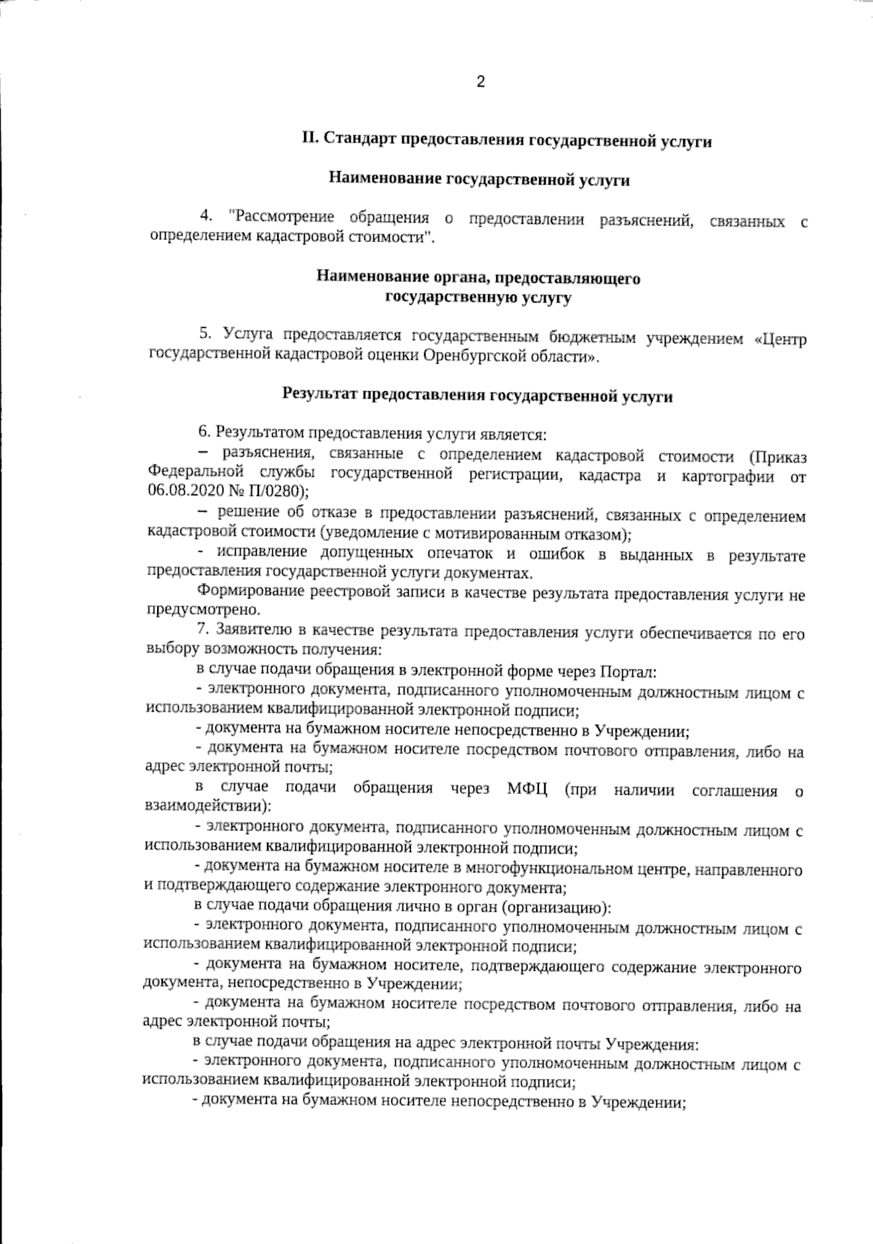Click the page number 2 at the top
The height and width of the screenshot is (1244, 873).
(x=480, y=81)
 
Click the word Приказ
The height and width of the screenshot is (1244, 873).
(x=778, y=457)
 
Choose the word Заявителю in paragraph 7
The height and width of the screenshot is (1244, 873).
(x=254, y=633)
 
